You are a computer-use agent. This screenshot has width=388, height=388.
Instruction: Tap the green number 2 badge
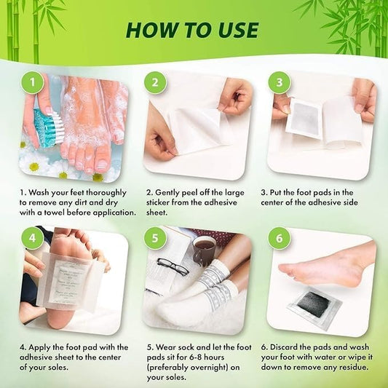pyautogui.click(x=154, y=82)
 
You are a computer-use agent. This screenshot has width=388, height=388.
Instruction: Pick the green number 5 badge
pyautogui.click(x=154, y=239)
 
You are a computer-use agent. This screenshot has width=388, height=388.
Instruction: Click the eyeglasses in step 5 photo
pyautogui.click(x=173, y=267)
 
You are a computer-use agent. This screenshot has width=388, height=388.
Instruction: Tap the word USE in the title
pyautogui.click(x=235, y=29)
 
